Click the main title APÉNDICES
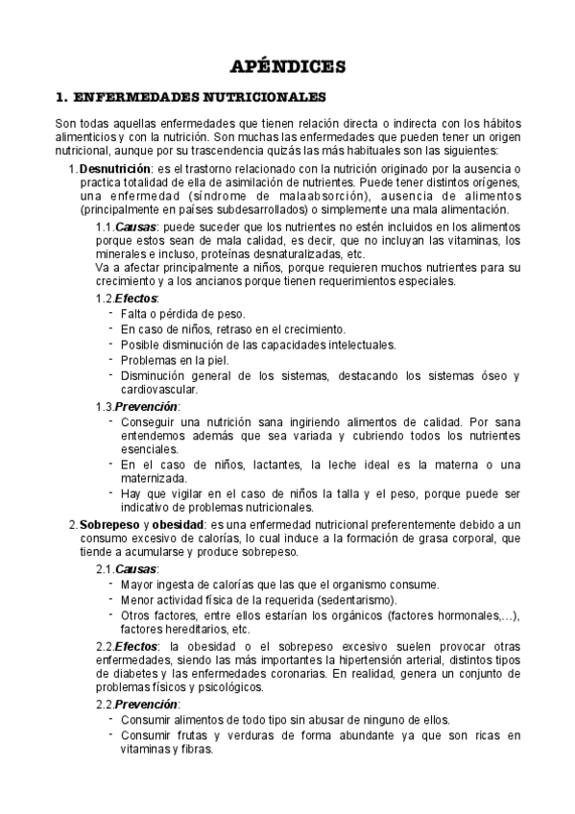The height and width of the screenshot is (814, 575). [x=287, y=66]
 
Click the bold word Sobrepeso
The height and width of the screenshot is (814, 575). [x=108, y=524]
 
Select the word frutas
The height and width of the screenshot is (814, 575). [x=189, y=736]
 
